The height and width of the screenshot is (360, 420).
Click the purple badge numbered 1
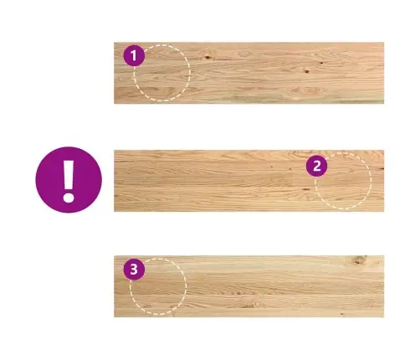pyautogui.click(x=134, y=55)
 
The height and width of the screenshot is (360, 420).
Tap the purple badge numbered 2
pyautogui.click(x=317, y=166)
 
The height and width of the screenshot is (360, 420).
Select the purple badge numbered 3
pyautogui.click(x=134, y=270)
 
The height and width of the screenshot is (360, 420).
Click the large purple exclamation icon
pyautogui.click(x=69, y=180)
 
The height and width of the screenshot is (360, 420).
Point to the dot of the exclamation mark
pyautogui.click(x=69, y=197)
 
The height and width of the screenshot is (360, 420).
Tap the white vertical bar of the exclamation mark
pyautogui.click(x=69, y=175)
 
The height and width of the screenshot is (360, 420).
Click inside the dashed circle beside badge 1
pyautogui.click(x=162, y=73)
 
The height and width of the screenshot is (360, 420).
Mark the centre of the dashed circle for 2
pyautogui.click(x=343, y=181)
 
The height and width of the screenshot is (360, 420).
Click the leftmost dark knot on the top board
pyautogui.click(x=207, y=57)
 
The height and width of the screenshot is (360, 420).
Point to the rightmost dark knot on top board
pyautogui.click(x=321, y=63)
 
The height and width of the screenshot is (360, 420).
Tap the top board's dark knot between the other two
pyautogui.click(x=307, y=71)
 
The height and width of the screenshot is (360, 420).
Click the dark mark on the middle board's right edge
pyautogui.click(x=382, y=168)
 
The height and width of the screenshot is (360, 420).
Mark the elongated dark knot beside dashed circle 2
pyautogui.click(x=306, y=189)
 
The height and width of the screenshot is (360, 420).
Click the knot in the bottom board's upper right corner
pyautogui.click(x=358, y=260)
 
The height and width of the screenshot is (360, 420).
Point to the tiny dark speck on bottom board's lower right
pyautogui.click(x=342, y=314)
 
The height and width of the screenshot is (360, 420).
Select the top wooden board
pyautogui.click(x=248, y=73)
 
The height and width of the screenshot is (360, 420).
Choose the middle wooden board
pyautogui.click(x=248, y=181)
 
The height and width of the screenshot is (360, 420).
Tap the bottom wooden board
pyautogui.click(x=248, y=286)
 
